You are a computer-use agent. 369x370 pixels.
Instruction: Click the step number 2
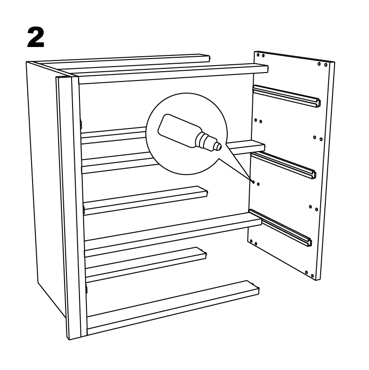pos(36,37)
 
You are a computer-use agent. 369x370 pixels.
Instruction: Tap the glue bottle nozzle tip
pos(219,147)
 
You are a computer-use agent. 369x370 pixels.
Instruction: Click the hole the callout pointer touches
pos(253,182)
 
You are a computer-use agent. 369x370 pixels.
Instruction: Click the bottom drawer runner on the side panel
pos(280,228)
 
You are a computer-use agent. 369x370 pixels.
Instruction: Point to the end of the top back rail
pos(208,58)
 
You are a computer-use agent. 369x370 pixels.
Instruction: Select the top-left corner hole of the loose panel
pos(258,55)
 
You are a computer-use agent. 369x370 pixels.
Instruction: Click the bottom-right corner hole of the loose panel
pos(312,276)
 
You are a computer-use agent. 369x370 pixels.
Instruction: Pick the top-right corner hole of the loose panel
pos(326,65)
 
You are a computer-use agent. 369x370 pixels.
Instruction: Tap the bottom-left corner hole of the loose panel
pos(251,241)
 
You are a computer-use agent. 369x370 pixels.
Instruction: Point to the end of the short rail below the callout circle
pos(205,193)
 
